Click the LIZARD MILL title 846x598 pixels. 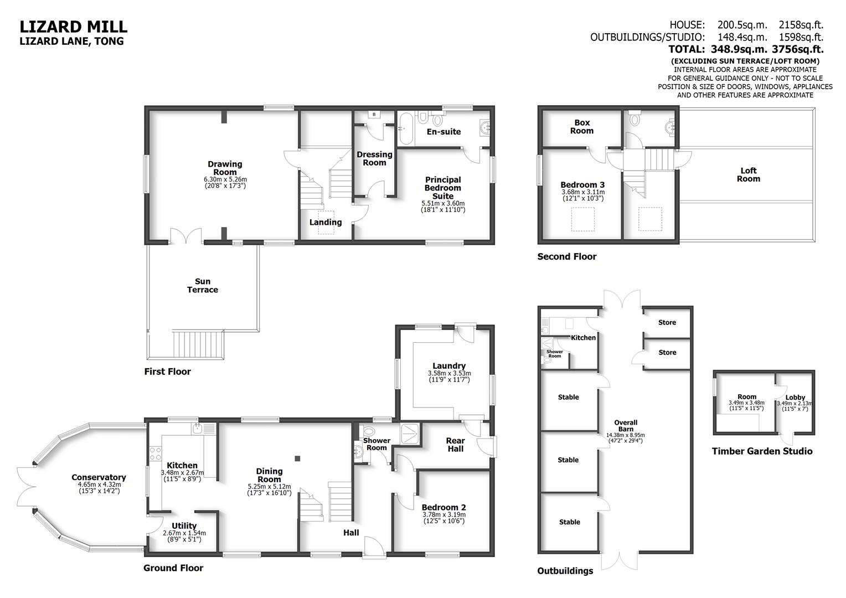[x=74, y=27]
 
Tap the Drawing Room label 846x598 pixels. [x=225, y=168]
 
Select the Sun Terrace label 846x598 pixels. [x=203, y=286]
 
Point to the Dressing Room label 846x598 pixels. [x=374, y=158]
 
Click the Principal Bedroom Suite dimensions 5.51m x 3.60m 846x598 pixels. [x=443, y=204]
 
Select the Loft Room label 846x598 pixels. [x=748, y=175]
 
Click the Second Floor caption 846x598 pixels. [x=567, y=257]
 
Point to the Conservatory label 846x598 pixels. [x=99, y=477]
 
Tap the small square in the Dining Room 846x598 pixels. [x=298, y=458]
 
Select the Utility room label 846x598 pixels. [x=184, y=526]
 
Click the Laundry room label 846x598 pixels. [x=449, y=366]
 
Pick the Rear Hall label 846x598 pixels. [x=456, y=445]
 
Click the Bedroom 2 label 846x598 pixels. [x=443, y=507]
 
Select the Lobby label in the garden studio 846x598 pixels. [x=795, y=398]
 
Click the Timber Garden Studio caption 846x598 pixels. [x=762, y=451]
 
